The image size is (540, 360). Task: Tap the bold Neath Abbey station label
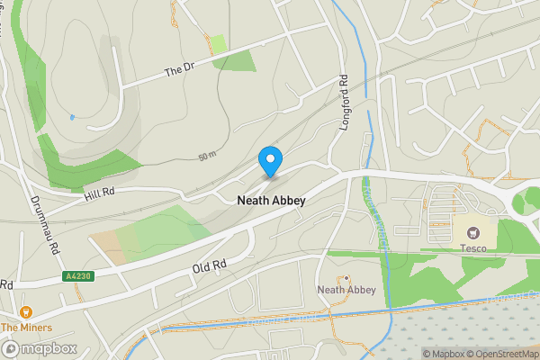271,201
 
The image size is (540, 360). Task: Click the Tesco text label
473,248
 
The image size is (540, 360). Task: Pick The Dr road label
179,70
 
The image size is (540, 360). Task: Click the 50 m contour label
208,156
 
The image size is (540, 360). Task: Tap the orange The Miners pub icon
25,311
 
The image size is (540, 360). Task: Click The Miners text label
26,328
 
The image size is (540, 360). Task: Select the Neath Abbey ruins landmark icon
346,277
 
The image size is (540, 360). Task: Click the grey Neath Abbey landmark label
346,290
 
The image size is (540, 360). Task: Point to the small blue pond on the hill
71,117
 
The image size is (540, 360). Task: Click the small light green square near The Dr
218,43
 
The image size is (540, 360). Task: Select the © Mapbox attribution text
444,354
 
